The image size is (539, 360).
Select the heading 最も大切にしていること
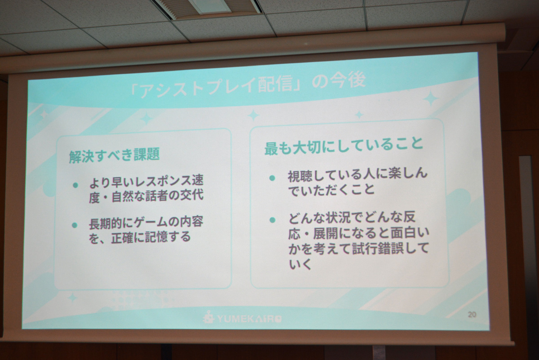(x=344, y=146)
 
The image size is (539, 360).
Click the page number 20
(x=472, y=315)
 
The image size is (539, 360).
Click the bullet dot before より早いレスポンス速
(x=75, y=185)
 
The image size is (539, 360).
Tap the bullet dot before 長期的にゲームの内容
(x=75, y=225)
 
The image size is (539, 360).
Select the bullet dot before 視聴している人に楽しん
(x=272, y=178)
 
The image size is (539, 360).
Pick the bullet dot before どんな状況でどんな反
(x=272, y=220)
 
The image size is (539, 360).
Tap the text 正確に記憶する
(x=151, y=237)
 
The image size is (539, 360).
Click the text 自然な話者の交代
(x=158, y=196)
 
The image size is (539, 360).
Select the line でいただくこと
(x=331, y=189)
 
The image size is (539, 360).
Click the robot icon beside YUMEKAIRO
(x=208, y=318)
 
